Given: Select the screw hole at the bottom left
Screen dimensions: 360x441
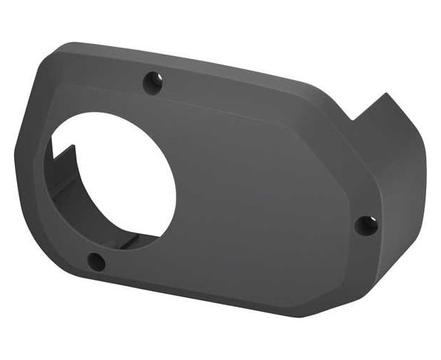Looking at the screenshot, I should [x=97, y=261].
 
